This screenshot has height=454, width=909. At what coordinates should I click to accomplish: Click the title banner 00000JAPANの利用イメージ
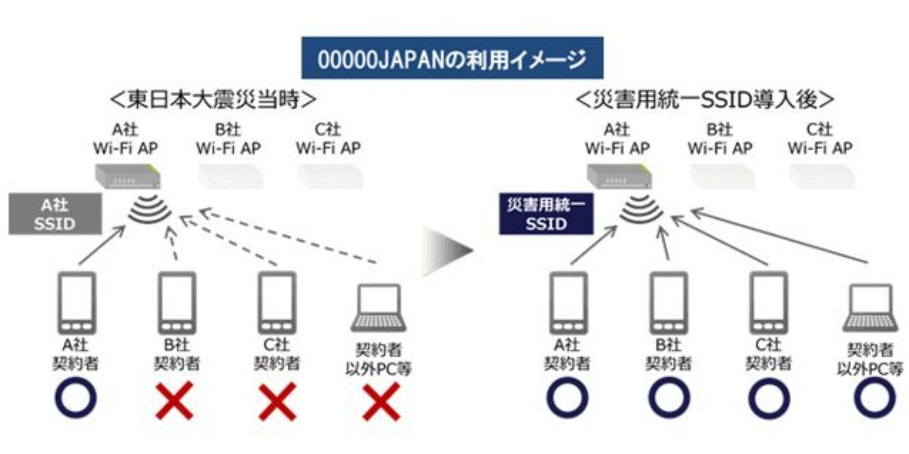tap(452, 58)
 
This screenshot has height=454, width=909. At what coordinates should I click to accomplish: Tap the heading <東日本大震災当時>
tap(213, 99)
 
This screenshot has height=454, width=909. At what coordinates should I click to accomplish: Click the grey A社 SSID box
tap(55, 213)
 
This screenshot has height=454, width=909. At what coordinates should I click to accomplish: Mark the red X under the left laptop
tap(381, 402)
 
